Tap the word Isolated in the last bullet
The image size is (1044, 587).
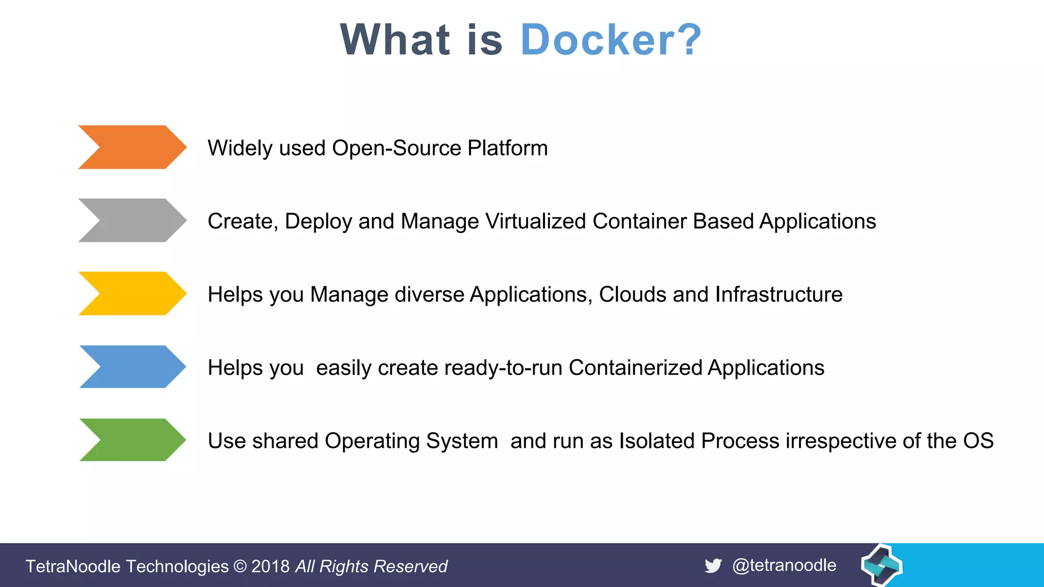click(x=657, y=441)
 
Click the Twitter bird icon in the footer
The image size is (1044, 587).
click(x=713, y=566)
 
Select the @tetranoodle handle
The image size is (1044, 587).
click(x=784, y=565)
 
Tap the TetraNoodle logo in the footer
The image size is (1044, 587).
click(x=881, y=565)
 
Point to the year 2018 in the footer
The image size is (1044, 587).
click(x=270, y=567)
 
